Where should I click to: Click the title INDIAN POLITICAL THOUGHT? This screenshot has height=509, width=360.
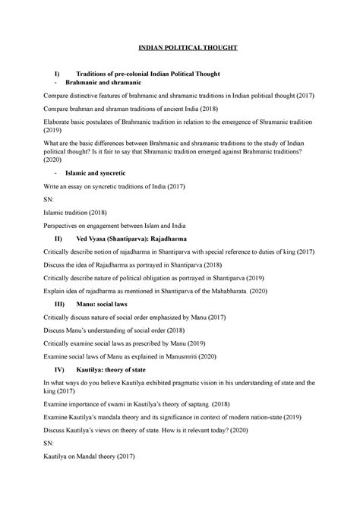click(x=187, y=47)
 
